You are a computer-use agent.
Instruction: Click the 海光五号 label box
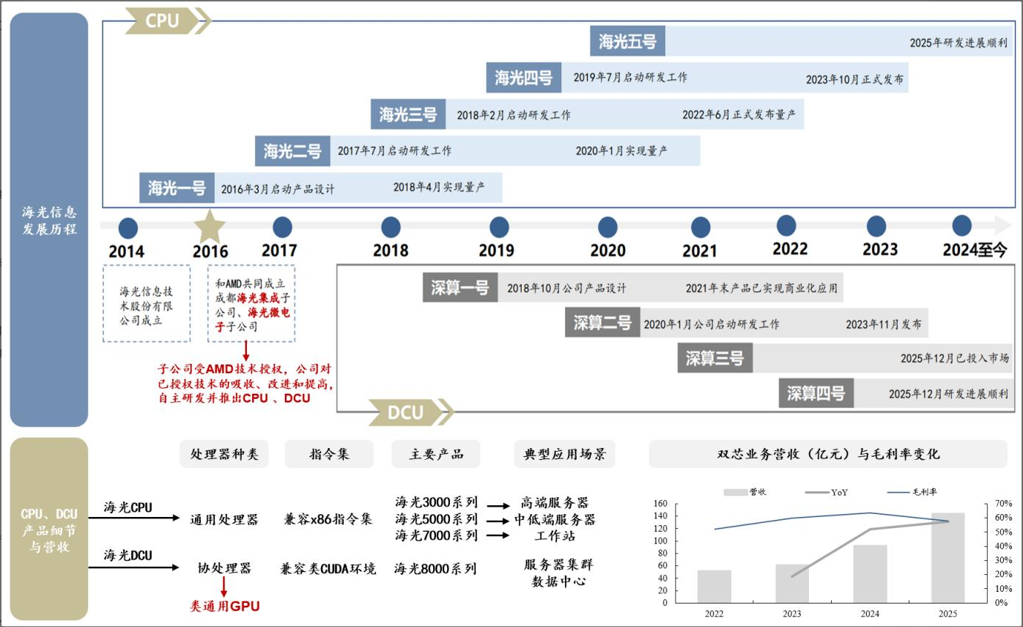(x=627, y=41)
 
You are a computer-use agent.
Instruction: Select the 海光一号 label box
(x=177, y=188)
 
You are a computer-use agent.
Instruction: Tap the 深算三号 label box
(x=714, y=358)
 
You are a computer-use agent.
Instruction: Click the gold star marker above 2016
(x=210, y=226)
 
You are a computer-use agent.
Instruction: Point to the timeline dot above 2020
(x=607, y=227)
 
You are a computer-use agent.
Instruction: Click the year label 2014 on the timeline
(x=127, y=252)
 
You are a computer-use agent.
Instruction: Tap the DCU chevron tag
(x=411, y=412)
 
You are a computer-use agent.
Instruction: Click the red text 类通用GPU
(x=225, y=606)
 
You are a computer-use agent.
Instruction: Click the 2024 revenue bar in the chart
(x=870, y=573)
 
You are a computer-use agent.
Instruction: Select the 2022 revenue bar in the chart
(x=714, y=587)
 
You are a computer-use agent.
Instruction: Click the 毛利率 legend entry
(x=912, y=492)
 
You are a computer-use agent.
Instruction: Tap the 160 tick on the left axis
(x=660, y=503)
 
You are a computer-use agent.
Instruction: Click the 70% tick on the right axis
(x=1004, y=503)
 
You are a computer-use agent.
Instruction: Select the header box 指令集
(x=329, y=454)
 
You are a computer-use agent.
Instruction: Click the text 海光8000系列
(x=435, y=568)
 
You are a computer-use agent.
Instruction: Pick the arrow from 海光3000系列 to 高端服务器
(x=498, y=506)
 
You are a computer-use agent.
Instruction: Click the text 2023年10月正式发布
(x=854, y=79)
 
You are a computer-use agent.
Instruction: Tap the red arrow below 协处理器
(x=224, y=587)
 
